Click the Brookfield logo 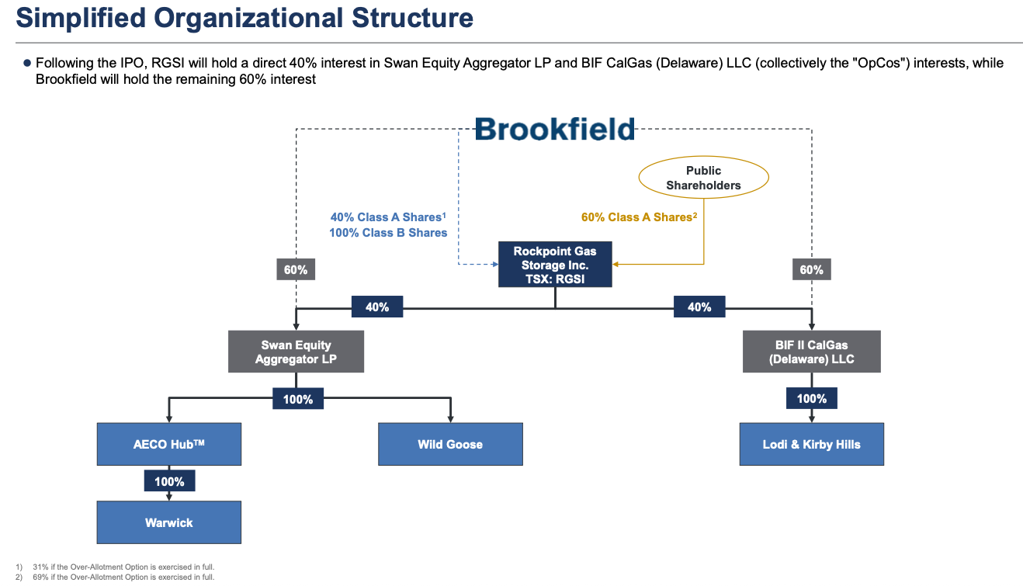(x=554, y=129)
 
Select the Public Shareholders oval (x=703, y=178)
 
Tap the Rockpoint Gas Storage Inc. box (x=554, y=265)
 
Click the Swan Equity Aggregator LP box (x=296, y=352)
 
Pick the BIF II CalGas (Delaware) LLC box (x=811, y=352)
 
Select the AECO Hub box (x=168, y=445)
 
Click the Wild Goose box (x=450, y=445)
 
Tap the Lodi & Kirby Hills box (x=811, y=445)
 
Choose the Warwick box (x=168, y=522)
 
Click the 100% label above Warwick (x=169, y=481)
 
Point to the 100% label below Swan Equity (x=297, y=399)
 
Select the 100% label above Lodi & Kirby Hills (x=812, y=399)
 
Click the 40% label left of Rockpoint (x=376, y=307)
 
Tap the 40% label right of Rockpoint (x=699, y=307)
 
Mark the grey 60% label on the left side (x=296, y=270)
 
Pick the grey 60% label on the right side (x=811, y=270)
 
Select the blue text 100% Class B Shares (x=388, y=233)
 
